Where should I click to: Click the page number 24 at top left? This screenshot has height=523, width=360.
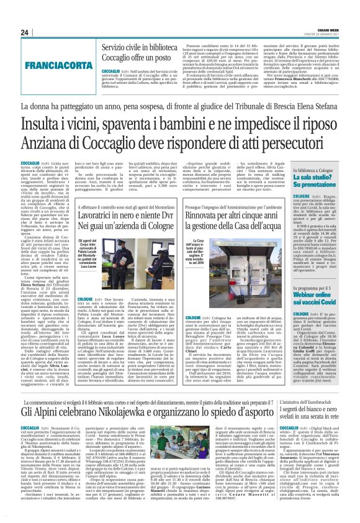pos(25,32)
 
